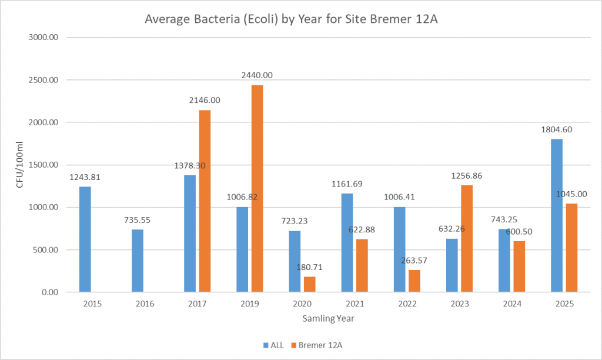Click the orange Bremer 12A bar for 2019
point(257,188)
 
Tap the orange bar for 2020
point(309,284)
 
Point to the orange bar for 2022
point(414,281)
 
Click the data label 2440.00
point(257,75)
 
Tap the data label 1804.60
point(556,129)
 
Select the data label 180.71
point(309,267)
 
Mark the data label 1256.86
point(467,176)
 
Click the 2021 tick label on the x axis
point(354,304)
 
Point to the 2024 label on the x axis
point(512,304)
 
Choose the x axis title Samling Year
point(329,318)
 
